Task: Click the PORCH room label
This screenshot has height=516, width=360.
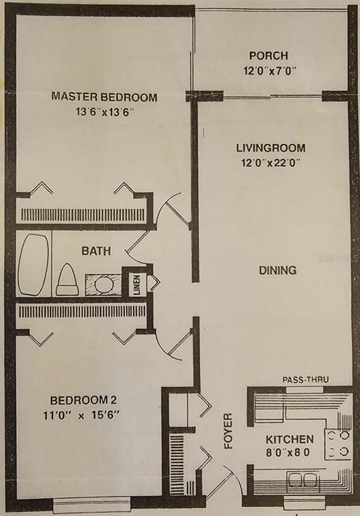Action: [x=269, y=56]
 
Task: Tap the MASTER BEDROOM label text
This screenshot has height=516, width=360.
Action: [x=104, y=97]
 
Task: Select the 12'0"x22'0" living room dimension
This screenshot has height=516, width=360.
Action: [x=271, y=163]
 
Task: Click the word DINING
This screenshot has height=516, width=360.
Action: [x=278, y=270]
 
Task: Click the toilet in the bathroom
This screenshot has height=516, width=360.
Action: [x=66, y=279]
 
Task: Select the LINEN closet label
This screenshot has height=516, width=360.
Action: [x=137, y=284]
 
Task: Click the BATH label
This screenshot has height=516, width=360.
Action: [x=96, y=251]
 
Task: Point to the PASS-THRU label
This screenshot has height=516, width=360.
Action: [x=306, y=380]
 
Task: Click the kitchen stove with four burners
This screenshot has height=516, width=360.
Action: [x=339, y=443]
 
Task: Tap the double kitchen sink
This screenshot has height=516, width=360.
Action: [x=302, y=479]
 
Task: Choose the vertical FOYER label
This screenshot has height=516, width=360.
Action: [x=228, y=431]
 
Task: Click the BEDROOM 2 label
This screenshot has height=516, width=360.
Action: [x=83, y=400]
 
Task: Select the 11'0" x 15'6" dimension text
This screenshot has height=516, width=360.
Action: [x=81, y=415]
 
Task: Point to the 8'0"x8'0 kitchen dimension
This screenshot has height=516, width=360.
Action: [x=287, y=453]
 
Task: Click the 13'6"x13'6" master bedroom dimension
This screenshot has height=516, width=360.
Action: [x=104, y=112]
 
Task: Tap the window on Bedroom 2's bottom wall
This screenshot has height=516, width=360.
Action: [x=92, y=505]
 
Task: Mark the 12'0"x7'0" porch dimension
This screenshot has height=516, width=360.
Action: [x=270, y=71]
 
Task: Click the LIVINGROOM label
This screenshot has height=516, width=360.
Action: [x=271, y=148]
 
